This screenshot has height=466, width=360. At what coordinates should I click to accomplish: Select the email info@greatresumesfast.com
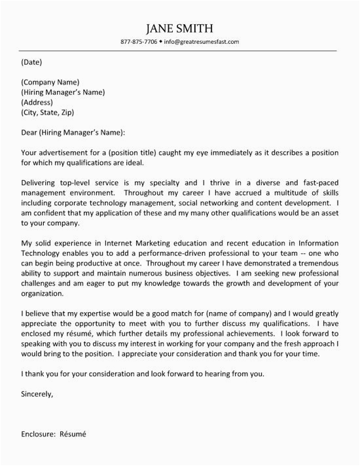202,42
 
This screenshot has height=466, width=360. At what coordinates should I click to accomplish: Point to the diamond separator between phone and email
161,42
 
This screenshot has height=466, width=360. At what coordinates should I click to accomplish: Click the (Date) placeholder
31,63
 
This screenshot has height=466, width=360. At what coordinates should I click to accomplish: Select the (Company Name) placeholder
50,82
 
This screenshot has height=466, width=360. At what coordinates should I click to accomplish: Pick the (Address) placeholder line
39,103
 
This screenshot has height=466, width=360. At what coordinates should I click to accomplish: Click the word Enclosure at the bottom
39,452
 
